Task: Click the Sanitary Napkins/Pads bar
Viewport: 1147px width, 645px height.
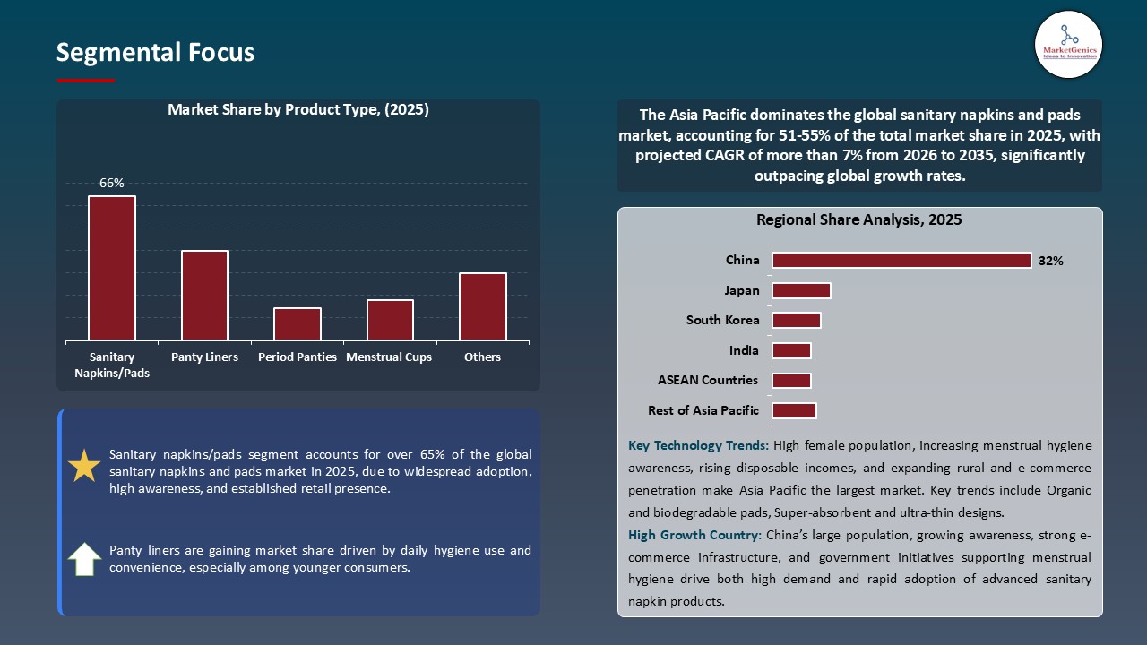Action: coord(112,268)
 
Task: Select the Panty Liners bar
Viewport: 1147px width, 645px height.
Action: coord(204,295)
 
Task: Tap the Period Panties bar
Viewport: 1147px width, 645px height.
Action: coord(298,323)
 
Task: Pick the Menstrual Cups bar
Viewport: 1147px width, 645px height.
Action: coord(390,320)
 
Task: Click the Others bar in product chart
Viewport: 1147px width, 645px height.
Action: coord(483,306)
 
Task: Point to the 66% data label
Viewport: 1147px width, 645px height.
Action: coord(112,183)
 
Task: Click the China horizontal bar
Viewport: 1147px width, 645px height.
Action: coord(901,260)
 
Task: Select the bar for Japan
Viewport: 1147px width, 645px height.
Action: coord(801,290)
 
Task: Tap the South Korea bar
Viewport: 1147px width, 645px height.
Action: coord(797,320)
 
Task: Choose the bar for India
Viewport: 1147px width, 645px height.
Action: coord(791,350)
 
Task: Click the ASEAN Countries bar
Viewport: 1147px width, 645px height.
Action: coord(791,380)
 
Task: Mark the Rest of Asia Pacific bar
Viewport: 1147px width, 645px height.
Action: coord(794,410)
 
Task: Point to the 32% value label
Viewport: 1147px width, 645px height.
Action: coord(1050,261)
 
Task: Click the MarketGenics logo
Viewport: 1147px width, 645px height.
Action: coord(1068,43)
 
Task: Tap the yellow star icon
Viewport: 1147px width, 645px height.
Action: coord(85,467)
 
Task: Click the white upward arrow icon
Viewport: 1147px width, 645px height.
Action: coord(85,559)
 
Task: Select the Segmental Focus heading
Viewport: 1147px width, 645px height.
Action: coord(155,53)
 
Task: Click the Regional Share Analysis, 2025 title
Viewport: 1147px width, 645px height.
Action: coord(858,219)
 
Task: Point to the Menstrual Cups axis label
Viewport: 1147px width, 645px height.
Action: coord(389,357)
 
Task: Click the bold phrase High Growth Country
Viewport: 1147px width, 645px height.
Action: coord(694,535)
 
